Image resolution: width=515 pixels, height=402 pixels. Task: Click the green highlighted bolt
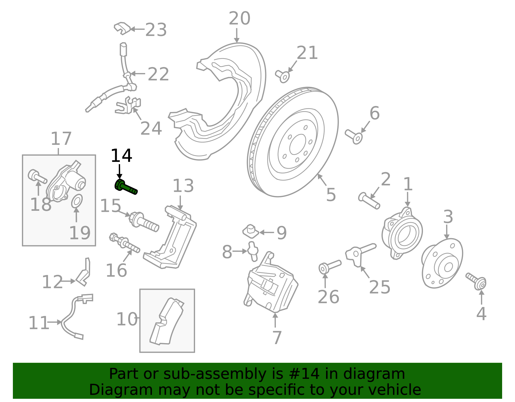tap(126, 187)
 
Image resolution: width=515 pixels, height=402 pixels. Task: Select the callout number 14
tap(121, 156)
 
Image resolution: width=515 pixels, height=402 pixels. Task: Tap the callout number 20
tap(239, 18)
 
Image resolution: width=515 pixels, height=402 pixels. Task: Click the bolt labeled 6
tap(354, 137)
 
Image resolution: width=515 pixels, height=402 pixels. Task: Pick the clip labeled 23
tap(122, 28)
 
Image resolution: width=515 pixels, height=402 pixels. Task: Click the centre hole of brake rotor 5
tap(298, 145)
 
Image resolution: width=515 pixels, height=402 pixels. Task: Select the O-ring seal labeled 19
tap(77, 201)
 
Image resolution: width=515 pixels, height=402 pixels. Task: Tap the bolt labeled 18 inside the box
tap(37, 176)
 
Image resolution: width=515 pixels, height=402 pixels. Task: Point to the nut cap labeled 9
tap(250, 231)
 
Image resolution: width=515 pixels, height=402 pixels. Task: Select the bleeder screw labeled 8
tap(253, 251)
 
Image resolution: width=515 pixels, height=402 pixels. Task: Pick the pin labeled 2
tap(369, 201)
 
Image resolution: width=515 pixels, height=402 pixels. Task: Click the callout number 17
tap(61, 139)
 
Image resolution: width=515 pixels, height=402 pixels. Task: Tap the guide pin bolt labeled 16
tap(125, 243)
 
